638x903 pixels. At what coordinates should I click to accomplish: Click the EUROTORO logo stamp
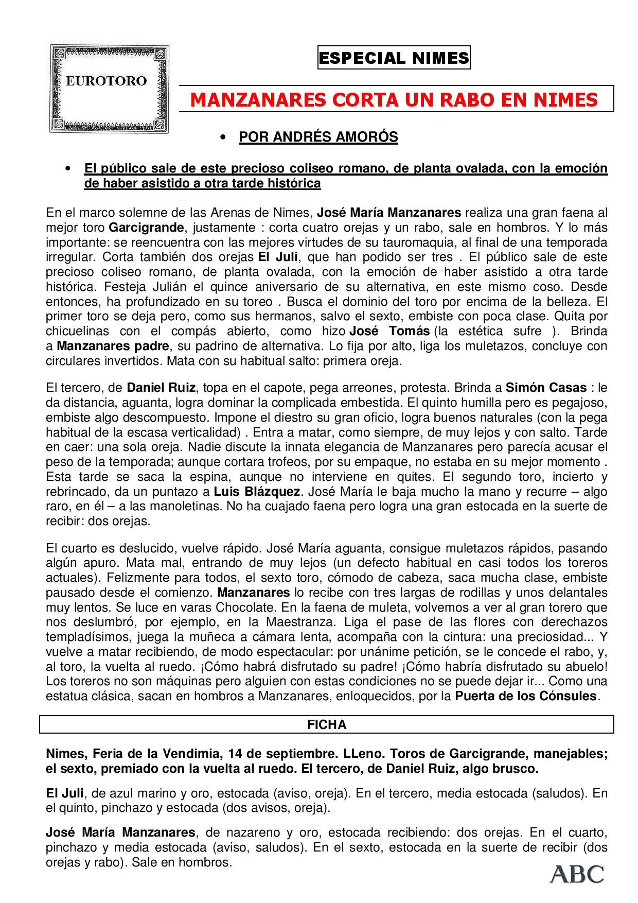(x=109, y=88)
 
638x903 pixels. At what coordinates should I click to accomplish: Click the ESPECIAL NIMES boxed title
(x=394, y=58)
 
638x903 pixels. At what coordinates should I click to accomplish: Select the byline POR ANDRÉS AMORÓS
(x=318, y=137)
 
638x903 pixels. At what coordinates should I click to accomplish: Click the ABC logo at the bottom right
(x=577, y=874)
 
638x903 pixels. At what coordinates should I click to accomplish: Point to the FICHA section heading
(x=327, y=724)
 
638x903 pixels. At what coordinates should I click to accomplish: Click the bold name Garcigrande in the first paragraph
(x=146, y=228)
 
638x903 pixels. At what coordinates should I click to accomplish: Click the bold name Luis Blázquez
(x=257, y=491)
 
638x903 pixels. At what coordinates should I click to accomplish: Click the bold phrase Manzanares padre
(x=113, y=346)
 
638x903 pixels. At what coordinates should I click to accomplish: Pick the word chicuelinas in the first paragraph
(x=77, y=331)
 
